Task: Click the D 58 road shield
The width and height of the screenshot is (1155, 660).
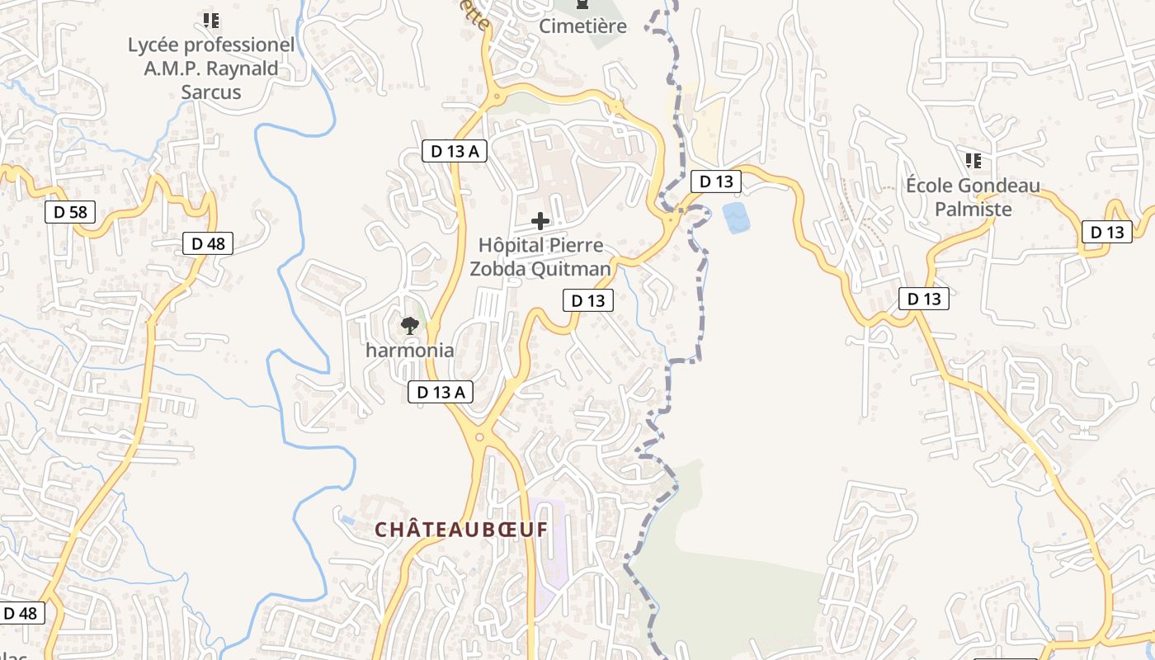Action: pyautogui.click(x=70, y=212)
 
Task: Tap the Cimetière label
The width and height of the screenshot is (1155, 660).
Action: pyautogui.click(x=582, y=26)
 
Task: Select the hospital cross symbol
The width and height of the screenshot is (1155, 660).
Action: pyautogui.click(x=540, y=221)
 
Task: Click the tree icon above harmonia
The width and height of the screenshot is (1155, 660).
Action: pyautogui.click(x=409, y=326)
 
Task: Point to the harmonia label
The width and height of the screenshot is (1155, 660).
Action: pyautogui.click(x=410, y=350)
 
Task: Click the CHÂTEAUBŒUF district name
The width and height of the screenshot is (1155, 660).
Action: pyautogui.click(x=461, y=530)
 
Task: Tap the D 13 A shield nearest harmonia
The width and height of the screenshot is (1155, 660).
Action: pyautogui.click(x=441, y=392)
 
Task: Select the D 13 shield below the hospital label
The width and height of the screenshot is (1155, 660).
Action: pyautogui.click(x=588, y=300)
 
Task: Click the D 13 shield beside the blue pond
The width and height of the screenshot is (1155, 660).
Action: pyautogui.click(x=715, y=181)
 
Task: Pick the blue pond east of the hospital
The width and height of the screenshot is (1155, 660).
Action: pyautogui.click(x=737, y=217)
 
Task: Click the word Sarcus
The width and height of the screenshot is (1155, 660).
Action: pyautogui.click(x=211, y=92)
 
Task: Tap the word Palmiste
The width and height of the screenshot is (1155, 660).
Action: pyautogui.click(x=973, y=210)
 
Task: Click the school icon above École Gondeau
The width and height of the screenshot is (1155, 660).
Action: pyautogui.click(x=973, y=160)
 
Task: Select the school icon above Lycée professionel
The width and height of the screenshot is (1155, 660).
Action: pyautogui.click(x=210, y=20)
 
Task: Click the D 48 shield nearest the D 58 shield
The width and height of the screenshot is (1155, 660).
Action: pyautogui.click(x=208, y=243)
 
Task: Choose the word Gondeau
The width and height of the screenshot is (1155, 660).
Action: pyautogui.click(x=1000, y=186)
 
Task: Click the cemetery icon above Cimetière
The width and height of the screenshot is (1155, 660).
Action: pyautogui.click(x=582, y=5)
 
